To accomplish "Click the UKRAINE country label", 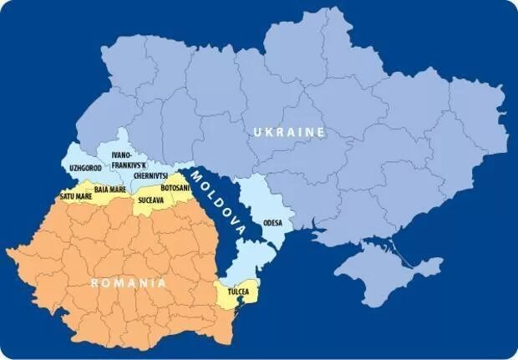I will [289, 133].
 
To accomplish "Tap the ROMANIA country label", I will [129, 283].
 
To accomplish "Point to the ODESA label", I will [272, 223].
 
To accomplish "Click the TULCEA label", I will [239, 293].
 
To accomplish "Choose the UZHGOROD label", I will [85, 168].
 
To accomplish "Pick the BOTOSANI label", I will [175, 189].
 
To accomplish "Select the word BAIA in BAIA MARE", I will [103, 190].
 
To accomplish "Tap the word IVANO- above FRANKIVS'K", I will [122, 156].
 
